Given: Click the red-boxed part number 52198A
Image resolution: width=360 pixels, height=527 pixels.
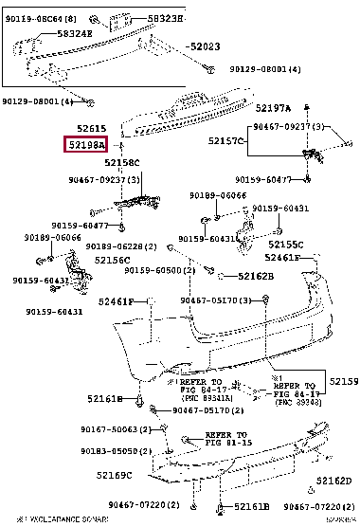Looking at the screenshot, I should (x=85, y=144).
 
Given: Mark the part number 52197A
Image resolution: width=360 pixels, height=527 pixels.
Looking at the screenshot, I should (x=276, y=109).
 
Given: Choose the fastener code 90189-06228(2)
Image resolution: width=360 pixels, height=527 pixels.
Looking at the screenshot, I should (x=120, y=245).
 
